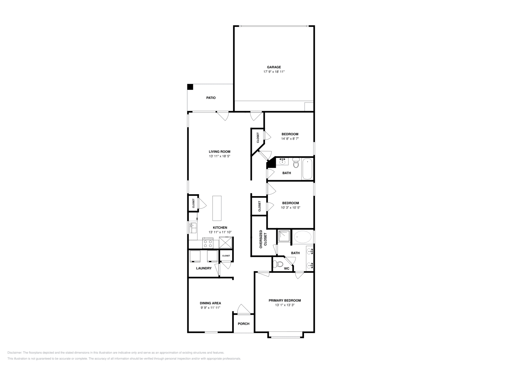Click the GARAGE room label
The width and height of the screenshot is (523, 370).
tap(274, 67)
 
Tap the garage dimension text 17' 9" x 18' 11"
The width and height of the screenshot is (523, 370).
tap(274, 72)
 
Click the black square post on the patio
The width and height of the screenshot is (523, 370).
tap(190, 87)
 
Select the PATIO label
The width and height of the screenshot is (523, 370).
tap(211, 98)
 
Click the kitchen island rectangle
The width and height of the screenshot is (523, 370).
tap(217, 208)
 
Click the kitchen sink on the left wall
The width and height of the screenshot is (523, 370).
tap(193, 226)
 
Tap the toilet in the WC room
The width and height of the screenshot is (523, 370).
tap(279, 264)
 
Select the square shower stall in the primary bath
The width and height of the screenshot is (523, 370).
tap(284, 236)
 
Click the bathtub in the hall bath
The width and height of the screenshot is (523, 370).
tap(307, 169)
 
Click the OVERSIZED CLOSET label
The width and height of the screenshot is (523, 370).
tap(263, 239)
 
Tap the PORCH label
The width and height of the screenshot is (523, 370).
tap(244, 324)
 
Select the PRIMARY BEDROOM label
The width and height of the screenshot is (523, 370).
tap(285, 300)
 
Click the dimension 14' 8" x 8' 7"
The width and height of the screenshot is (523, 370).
tap(290, 139)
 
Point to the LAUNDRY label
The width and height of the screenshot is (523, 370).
tap(204, 268)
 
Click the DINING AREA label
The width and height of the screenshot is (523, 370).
tap(210, 303)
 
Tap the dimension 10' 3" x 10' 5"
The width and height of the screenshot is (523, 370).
tap(290, 208)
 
